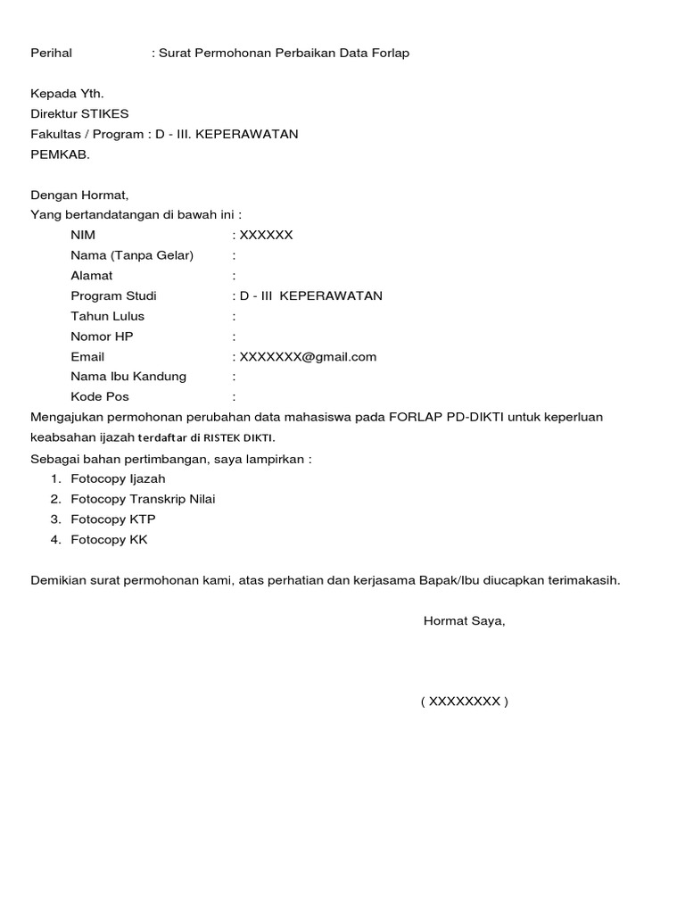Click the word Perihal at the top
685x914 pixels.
click(x=51, y=54)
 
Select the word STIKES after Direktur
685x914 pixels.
click(x=105, y=113)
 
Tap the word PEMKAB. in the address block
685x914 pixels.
click(x=61, y=154)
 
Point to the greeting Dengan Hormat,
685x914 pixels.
click(x=79, y=195)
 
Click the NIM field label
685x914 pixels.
click(x=83, y=236)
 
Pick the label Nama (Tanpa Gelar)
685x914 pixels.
click(x=132, y=255)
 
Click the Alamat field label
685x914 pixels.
click(x=92, y=276)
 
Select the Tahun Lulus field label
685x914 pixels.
click(x=107, y=316)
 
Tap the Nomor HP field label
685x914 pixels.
click(x=103, y=337)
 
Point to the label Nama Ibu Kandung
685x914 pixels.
click(x=128, y=377)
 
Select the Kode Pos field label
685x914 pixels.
click(x=100, y=397)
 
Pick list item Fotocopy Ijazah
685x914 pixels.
click(x=118, y=478)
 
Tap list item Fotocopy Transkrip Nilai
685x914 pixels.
click(x=143, y=499)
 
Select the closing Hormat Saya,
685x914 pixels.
click(x=464, y=621)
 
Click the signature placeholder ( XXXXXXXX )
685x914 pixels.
click(x=464, y=702)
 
